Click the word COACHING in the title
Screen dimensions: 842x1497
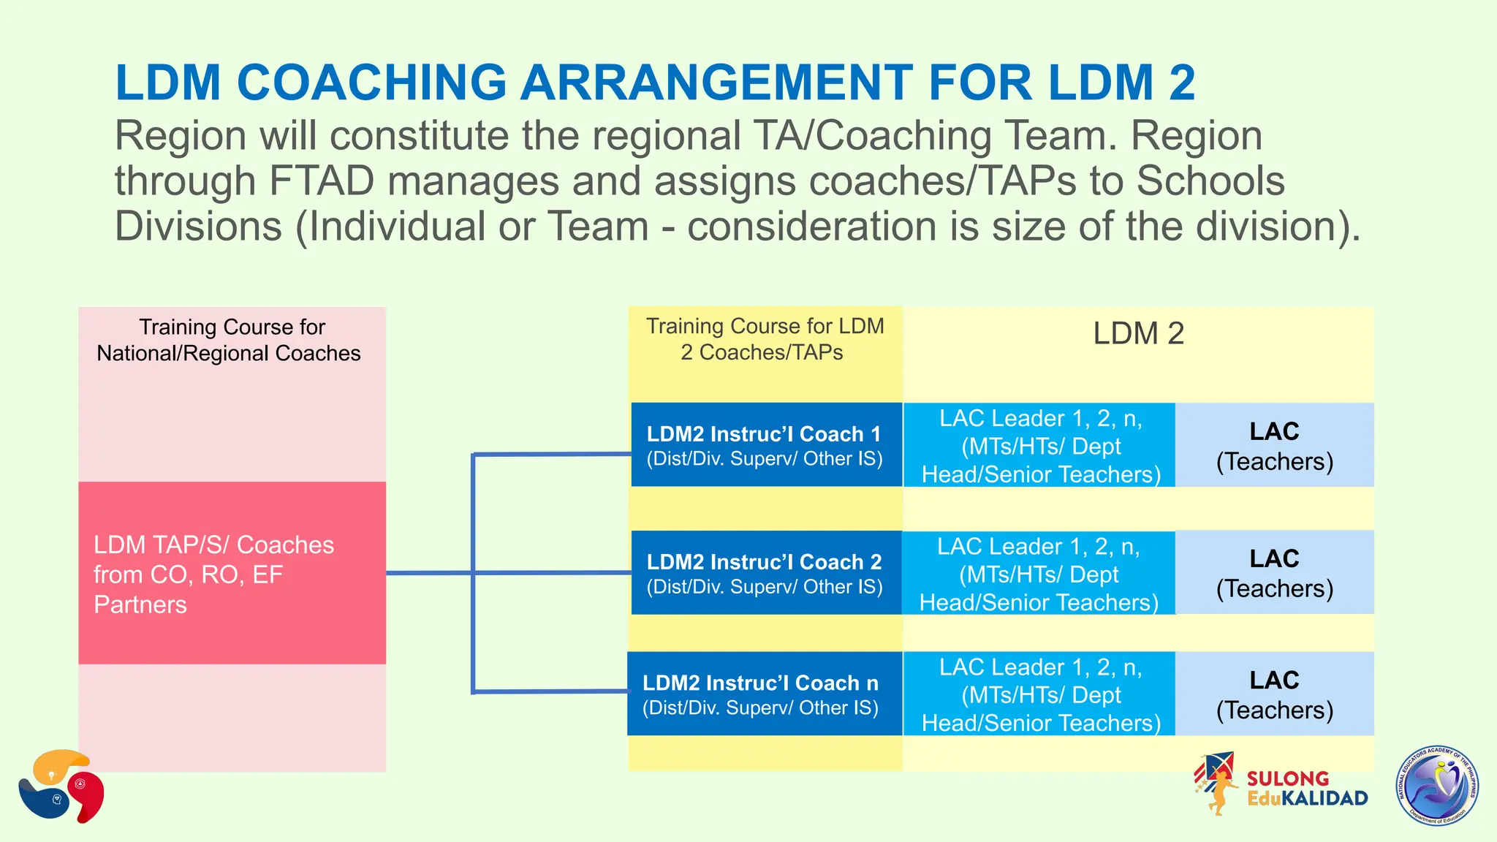click(x=371, y=82)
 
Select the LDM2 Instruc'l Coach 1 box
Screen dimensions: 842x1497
click(x=765, y=444)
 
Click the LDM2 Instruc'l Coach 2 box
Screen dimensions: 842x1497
click(x=765, y=572)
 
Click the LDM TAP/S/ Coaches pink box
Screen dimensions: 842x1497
click(x=232, y=573)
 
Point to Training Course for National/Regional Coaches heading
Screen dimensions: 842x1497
click(x=230, y=340)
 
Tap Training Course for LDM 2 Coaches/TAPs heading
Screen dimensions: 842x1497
click(x=764, y=339)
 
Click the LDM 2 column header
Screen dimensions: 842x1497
click(x=1138, y=334)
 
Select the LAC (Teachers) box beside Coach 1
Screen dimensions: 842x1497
click(x=1274, y=445)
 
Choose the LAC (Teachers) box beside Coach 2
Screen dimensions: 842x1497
click(x=1274, y=572)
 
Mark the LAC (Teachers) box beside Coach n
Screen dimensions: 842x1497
click(x=1274, y=694)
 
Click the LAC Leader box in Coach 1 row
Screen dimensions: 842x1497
click(x=1039, y=445)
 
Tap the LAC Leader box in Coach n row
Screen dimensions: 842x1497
click(x=1039, y=694)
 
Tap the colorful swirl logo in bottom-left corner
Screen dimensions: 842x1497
click(x=61, y=786)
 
